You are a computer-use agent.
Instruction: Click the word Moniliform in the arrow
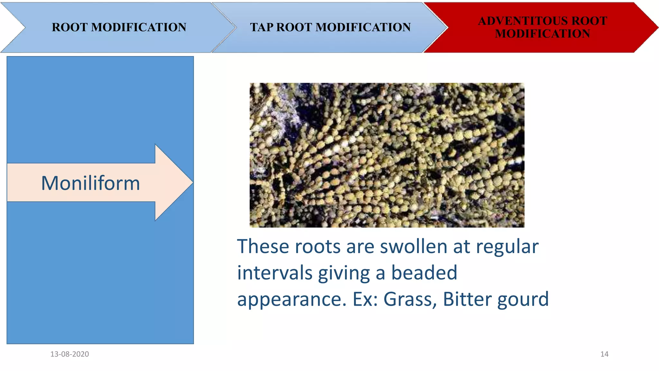pos(90,183)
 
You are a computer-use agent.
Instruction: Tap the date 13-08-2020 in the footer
pos(70,354)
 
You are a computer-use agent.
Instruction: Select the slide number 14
pos(604,354)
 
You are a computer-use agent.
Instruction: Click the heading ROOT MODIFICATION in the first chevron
pos(119,27)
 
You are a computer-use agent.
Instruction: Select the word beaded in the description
pos(424,273)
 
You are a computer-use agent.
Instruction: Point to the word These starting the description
pos(263,247)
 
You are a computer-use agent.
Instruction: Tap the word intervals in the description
pos(275,273)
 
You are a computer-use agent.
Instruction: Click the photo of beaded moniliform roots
pos(387,155)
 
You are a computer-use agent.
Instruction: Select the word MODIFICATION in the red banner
pos(543,34)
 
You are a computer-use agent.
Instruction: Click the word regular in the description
pos(507,247)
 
